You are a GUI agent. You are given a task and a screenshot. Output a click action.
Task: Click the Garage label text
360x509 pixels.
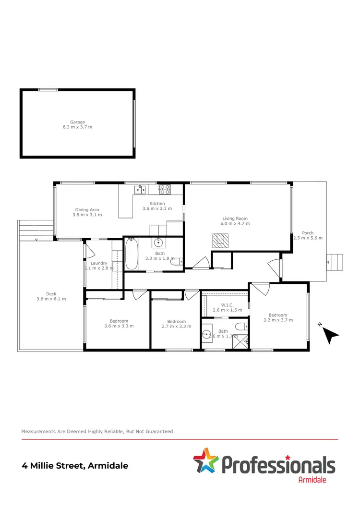[x=77, y=122]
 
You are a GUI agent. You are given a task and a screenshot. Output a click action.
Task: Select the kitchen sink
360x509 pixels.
[x=140, y=190]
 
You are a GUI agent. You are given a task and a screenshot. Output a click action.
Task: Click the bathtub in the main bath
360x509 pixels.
[x=131, y=254]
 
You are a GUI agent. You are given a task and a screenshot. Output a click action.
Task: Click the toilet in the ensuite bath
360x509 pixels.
[x=242, y=327]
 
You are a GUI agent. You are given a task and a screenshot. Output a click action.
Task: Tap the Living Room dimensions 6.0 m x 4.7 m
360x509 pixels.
[x=235, y=223]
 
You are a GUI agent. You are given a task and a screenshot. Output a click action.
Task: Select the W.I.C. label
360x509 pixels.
[x=227, y=304]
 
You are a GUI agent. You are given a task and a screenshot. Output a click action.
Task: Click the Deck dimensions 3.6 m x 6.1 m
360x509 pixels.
[x=51, y=299]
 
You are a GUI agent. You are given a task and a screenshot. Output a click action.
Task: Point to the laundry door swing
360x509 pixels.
[x=90, y=251]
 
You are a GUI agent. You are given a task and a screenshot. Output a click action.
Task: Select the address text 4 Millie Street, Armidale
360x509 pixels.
[x=75, y=465]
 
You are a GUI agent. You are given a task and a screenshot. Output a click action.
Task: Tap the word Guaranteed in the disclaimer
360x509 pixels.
[x=158, y=432]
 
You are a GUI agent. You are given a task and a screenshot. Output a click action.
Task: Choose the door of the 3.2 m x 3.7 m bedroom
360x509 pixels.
[x=262, y=289]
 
